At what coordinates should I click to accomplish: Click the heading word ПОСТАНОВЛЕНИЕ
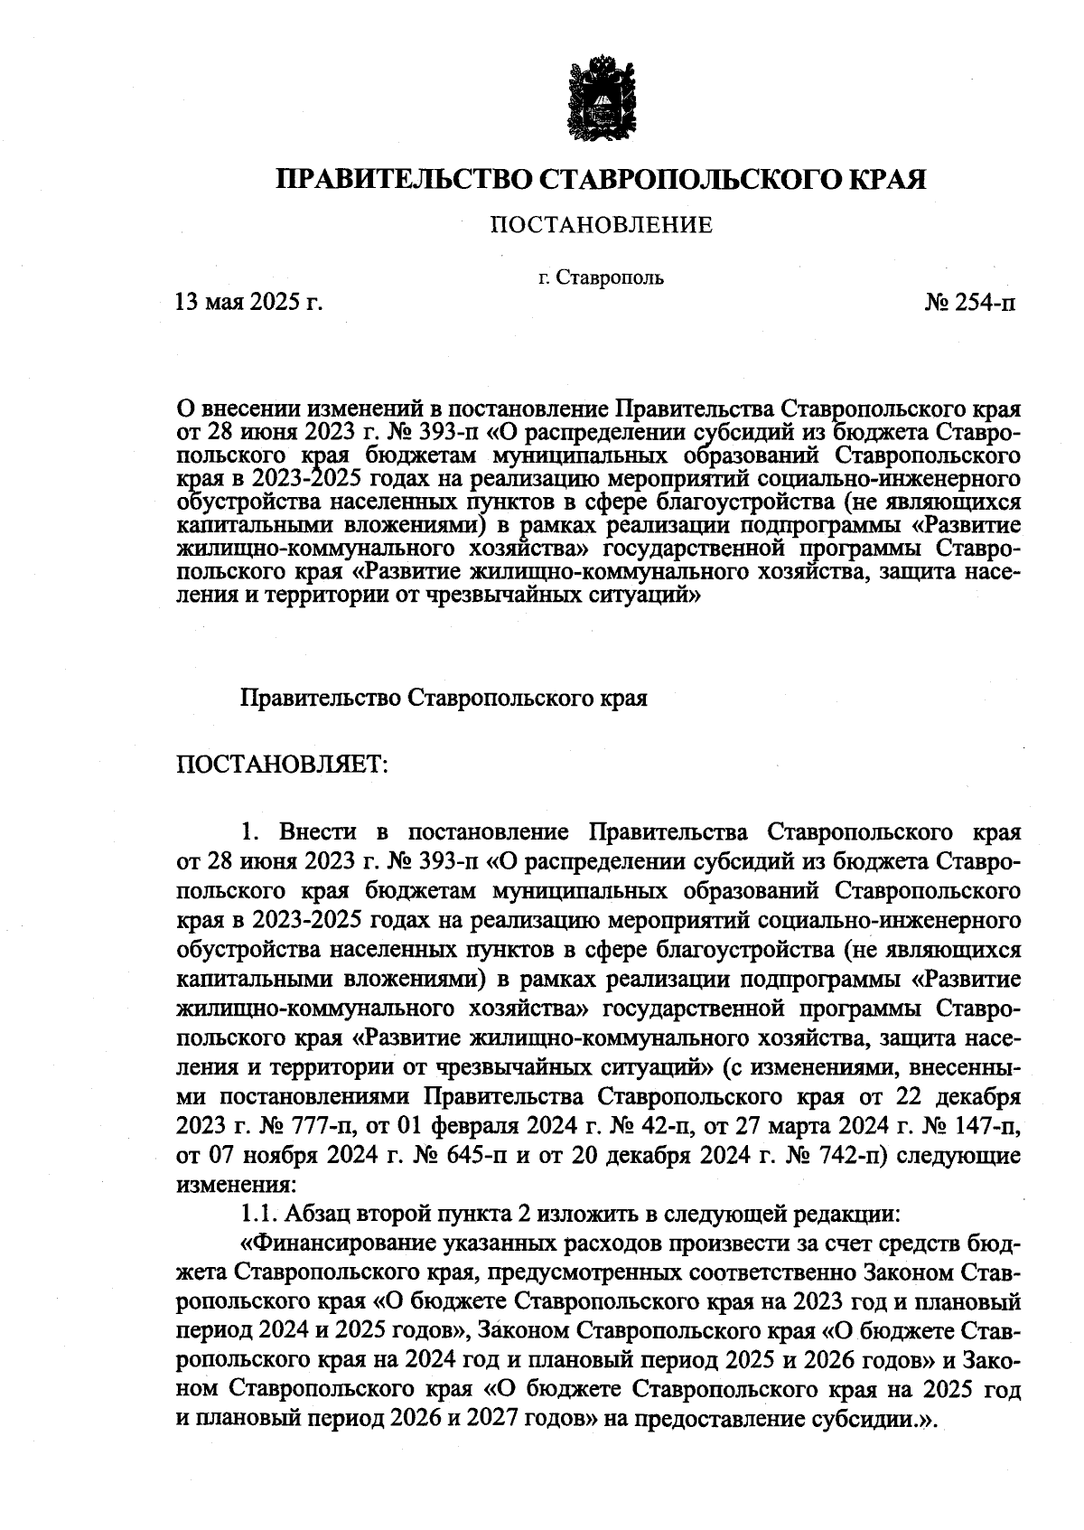[x=601, y=224]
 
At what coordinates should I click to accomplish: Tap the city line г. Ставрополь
[x=601, y=277]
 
